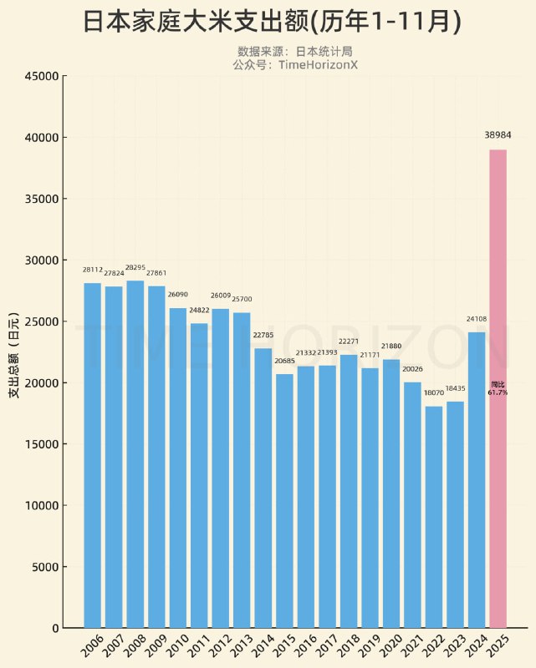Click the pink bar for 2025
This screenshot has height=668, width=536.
pos(498,388)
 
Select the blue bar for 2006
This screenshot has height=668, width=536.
pos(92,455)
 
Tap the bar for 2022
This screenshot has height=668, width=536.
pos(433,517)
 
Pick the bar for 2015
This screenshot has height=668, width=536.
pos(284,501)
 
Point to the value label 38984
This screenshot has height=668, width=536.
pos(498,134)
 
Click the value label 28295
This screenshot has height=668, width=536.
pos(135,268)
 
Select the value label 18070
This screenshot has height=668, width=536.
pos(433,392)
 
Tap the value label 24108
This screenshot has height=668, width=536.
pos(476,318)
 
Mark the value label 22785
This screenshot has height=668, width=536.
pos(263,336)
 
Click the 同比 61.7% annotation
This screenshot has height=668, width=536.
pos(498,387)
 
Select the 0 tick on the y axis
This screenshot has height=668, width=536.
pos(55,628)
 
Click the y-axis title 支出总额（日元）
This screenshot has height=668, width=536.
pos(14,352)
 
